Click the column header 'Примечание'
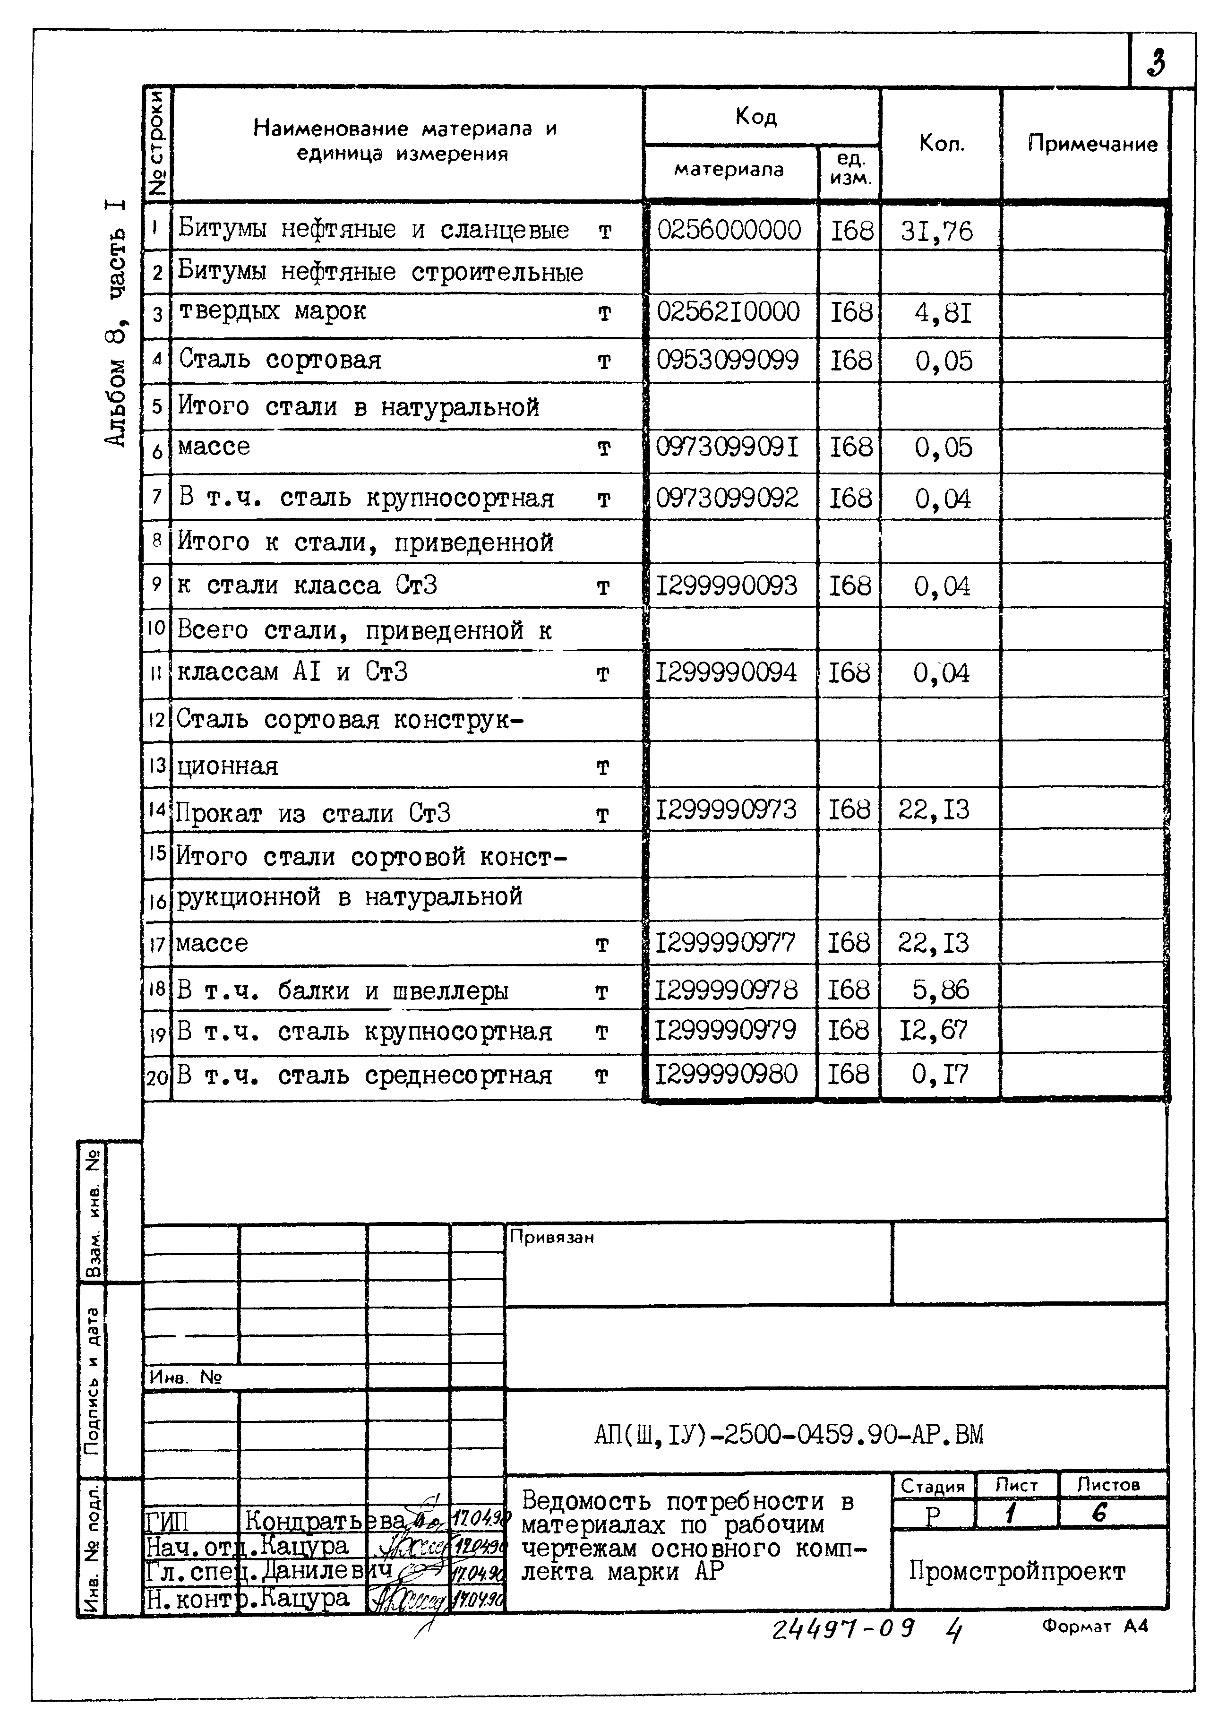(x=1092, y=144)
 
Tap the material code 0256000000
(x=729, y=230)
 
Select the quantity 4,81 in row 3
(x=942, y=312)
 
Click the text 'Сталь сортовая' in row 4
(x=280, y=360)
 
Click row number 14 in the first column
(x=156, y=809)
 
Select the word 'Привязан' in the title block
(x=551, y=1237)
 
